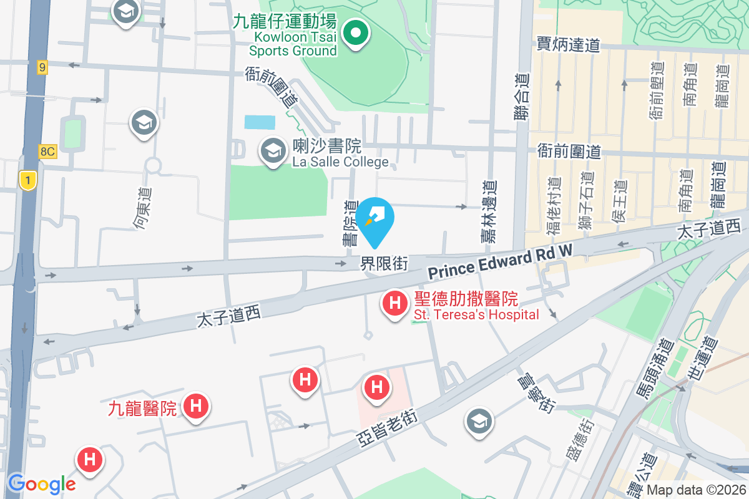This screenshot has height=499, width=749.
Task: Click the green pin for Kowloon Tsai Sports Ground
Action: pos(356,33)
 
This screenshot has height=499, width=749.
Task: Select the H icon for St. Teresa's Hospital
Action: pos(394,304)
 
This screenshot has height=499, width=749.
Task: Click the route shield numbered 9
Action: pos(42,67)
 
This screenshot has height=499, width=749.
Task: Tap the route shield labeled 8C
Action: pos(47,152)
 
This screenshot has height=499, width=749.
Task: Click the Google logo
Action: pos(41,483)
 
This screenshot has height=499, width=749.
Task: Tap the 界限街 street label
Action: pos(384,264)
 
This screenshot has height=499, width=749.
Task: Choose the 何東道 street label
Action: pos(142,206)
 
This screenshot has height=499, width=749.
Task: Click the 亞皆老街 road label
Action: pos(386,431)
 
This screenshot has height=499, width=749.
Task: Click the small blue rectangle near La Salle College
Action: pos(259,122)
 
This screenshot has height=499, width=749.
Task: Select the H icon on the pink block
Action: pos(377,387)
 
